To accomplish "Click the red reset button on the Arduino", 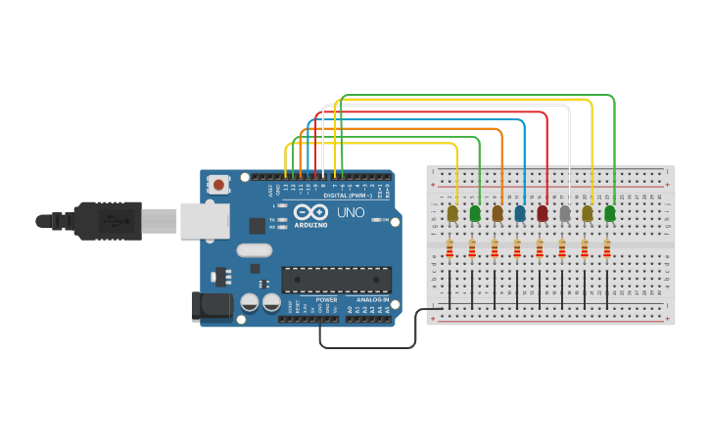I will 218,184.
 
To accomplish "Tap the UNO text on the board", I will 351,212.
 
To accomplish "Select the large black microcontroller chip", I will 336,280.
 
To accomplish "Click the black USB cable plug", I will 108,221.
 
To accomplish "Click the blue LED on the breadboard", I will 520,213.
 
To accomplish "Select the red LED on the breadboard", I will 543,213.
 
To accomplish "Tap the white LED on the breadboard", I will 565,213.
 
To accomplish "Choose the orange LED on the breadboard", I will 497,213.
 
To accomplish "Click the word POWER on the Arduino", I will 326,299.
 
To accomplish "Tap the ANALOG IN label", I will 372,299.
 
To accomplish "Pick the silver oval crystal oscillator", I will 254,249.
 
